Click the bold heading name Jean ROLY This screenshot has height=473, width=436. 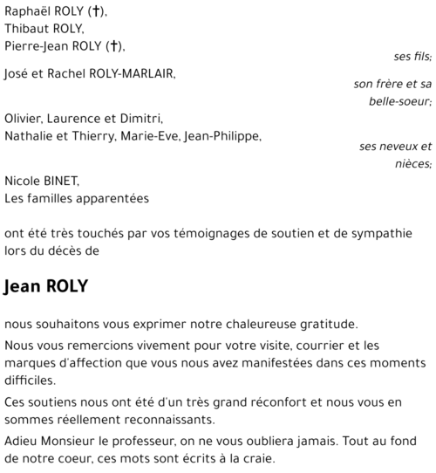point(45,287)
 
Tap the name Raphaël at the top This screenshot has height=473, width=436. point(27,12)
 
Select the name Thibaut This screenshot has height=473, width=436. point(24,29)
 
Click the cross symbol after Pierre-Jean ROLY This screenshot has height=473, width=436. point(114,45)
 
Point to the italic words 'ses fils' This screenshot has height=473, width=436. point(412,57)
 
